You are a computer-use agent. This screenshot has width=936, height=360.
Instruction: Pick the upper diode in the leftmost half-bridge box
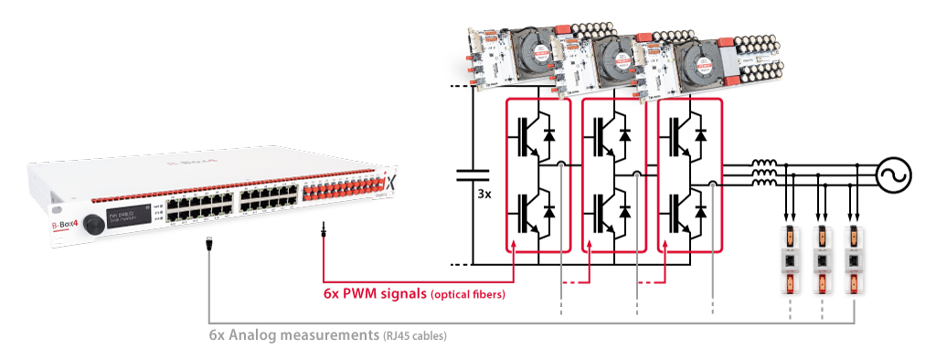548,134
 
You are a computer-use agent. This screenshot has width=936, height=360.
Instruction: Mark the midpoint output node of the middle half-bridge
637,174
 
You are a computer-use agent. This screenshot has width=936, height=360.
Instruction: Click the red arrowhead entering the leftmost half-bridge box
515,246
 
